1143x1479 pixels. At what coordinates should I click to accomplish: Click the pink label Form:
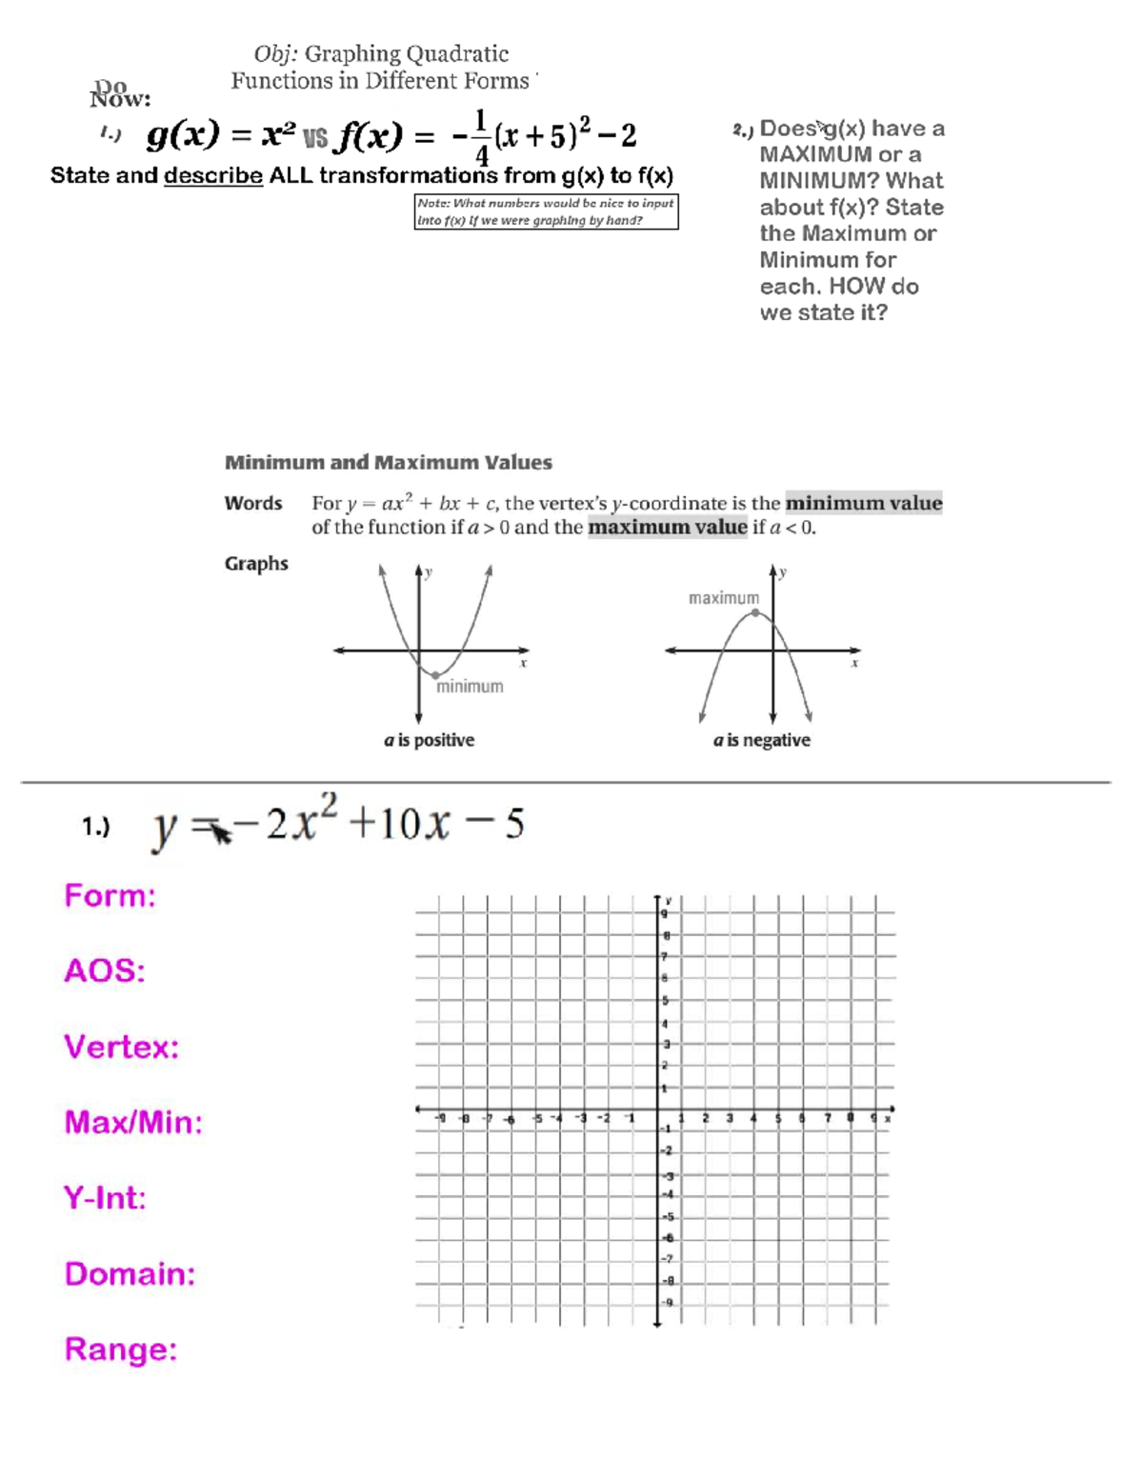tap(110, 895)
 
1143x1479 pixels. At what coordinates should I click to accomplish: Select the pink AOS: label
tap(104, 970)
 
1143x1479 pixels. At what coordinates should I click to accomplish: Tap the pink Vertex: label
tap(121, 1047)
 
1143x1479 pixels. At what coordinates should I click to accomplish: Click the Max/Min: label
tap(133, 1122)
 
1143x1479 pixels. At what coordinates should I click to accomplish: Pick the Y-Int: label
tap(105, 1197)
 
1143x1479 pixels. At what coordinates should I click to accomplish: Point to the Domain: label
tap(130, 1273)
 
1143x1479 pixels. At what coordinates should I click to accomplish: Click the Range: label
tap(121, 1349)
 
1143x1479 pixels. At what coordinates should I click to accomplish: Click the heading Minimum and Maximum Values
tap(388, 463)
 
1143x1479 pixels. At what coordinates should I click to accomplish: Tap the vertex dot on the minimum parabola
tap(434, 674)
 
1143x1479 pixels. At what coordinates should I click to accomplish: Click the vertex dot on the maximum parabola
tap(755, 613)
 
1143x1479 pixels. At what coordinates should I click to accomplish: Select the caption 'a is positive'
tap(429, 740)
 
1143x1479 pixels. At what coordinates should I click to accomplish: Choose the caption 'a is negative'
tap(761, 740)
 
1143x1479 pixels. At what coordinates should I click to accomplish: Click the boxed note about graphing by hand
tap(546, 211)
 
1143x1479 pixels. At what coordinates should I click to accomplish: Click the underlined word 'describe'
tap(213, 176)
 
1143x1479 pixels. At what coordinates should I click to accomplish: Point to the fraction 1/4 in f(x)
tap(481, 137)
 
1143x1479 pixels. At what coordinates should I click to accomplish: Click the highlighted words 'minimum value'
tap(863, 503)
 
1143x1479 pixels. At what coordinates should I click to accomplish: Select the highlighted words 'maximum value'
tap(667, 528)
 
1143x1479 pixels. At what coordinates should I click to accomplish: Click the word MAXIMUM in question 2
tap(815, 154)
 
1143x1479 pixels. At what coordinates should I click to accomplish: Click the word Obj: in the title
tap(275, 54)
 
